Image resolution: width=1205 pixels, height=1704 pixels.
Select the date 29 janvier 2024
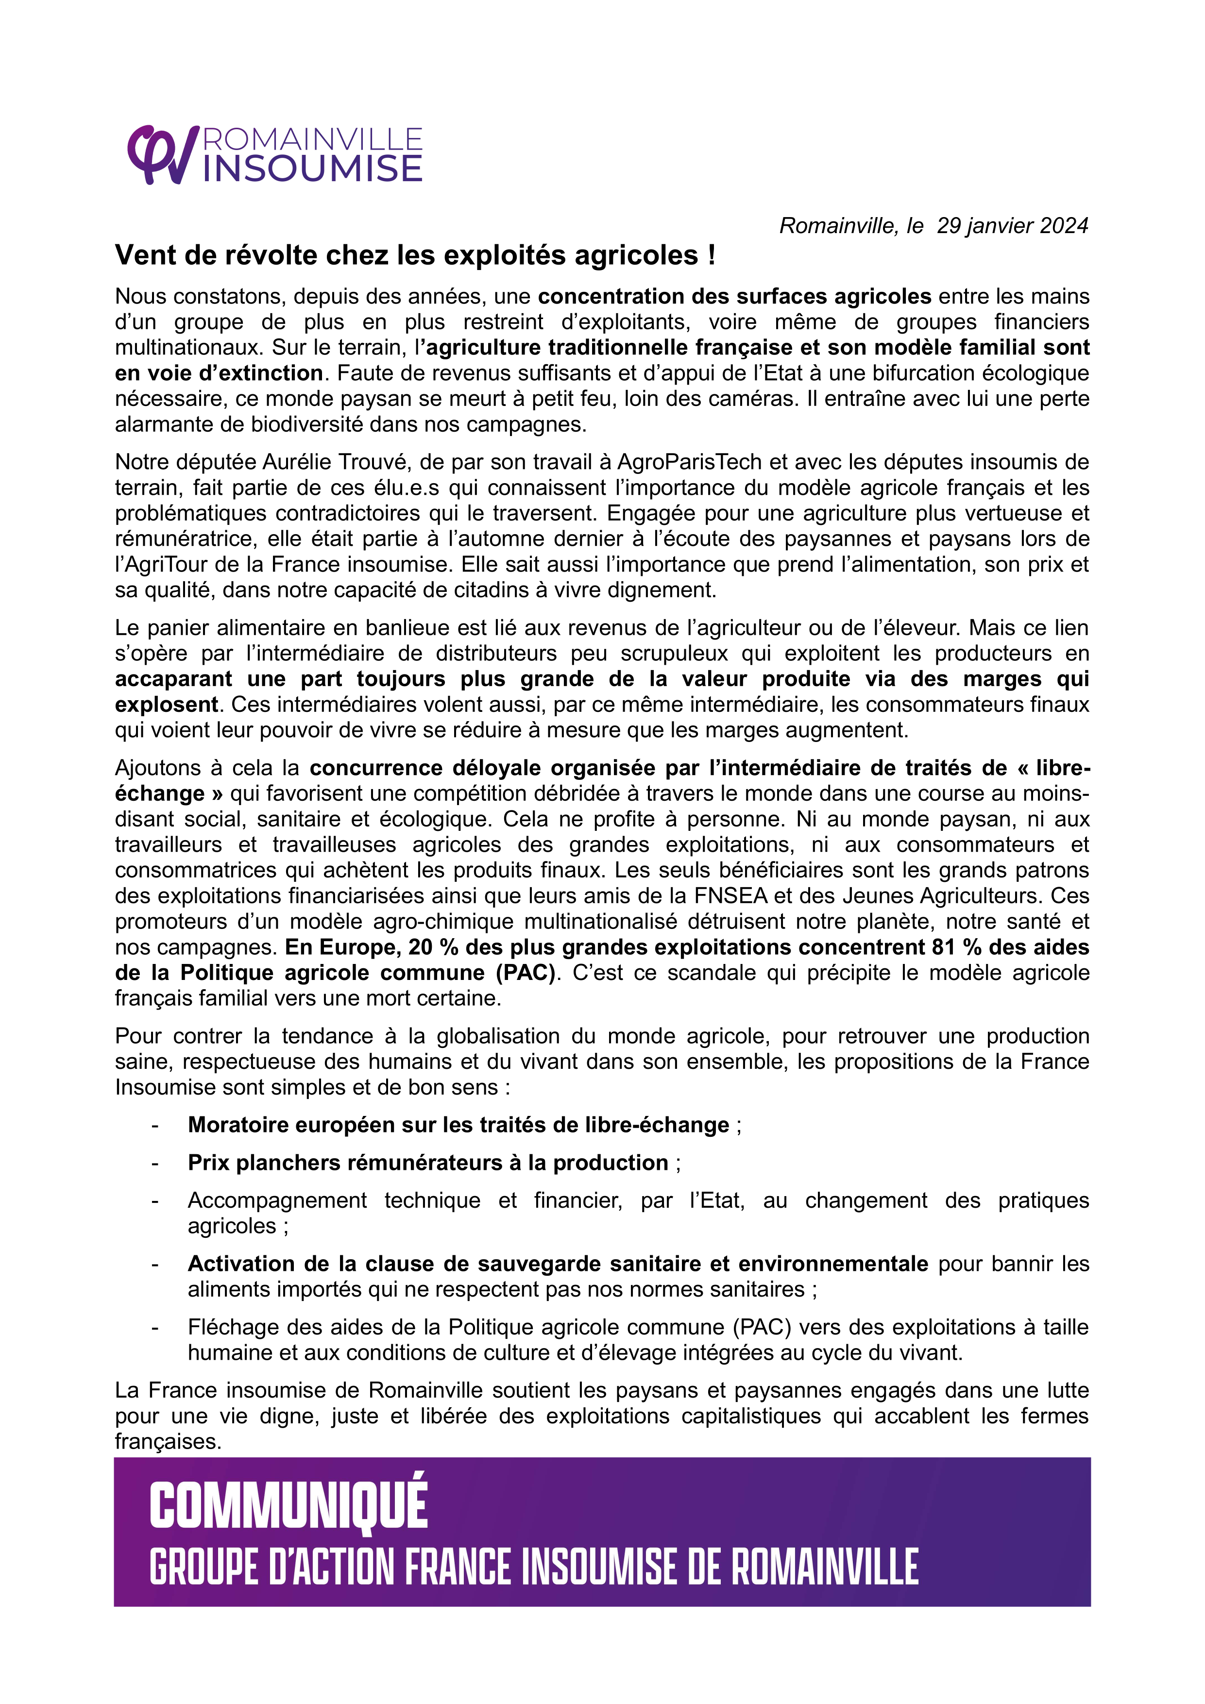pos(1012,226)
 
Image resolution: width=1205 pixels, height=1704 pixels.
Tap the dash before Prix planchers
pos(154,1163)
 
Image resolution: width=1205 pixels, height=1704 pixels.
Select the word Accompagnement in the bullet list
pos(276,1201)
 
